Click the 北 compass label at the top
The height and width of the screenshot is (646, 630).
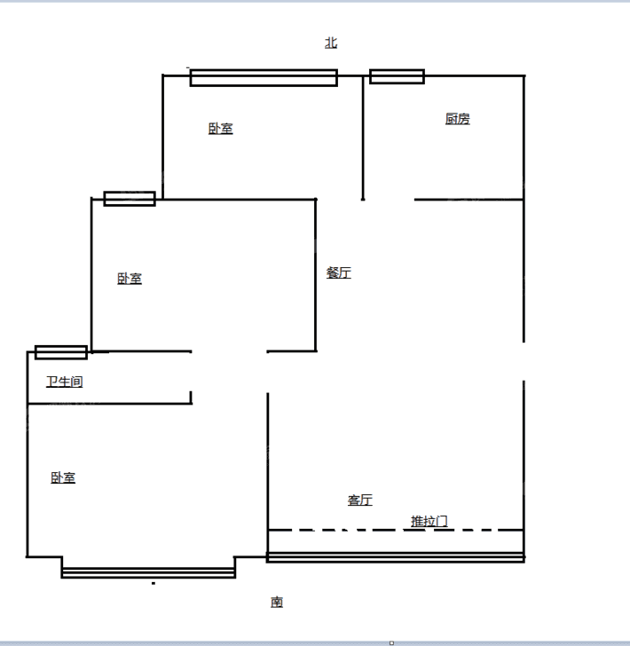point(331,43)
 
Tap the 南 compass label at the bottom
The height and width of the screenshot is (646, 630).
point(277,602)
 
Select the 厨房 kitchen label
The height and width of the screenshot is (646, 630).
point(457,119)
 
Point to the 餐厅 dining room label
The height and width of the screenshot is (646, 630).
point(339,272)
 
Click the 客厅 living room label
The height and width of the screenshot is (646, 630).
point(360,500)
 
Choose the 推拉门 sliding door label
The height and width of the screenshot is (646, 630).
point(429,521)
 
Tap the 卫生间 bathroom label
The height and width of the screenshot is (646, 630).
point(64,382)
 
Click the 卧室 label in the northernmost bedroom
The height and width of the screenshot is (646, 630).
point(220,129)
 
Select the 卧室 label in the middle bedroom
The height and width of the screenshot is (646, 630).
point(130,279)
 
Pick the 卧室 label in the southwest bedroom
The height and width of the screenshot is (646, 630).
point(63,477)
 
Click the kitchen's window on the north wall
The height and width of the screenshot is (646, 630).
point(397,76)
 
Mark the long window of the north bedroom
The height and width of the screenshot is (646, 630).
point(264,78)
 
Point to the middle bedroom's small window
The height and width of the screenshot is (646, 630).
point(130,199)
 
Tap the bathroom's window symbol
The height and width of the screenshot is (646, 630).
point(61,352)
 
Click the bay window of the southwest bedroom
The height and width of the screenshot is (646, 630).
point(148,572)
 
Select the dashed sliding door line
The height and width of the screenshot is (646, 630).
point(396,530)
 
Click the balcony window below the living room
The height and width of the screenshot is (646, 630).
point(396,557)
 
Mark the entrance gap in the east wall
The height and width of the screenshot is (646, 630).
point(524,361)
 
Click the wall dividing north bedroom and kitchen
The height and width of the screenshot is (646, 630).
point(363,138)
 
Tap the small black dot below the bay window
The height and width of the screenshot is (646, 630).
point(154,583)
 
